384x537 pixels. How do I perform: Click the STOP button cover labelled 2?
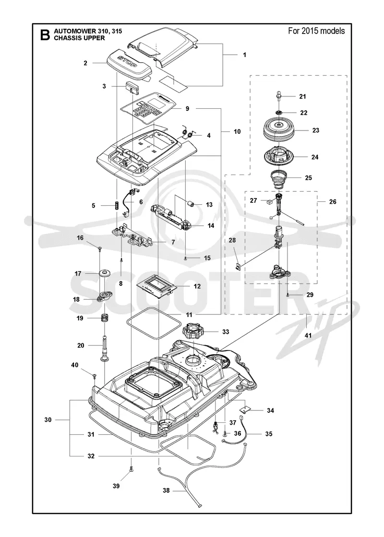click(x=129, y=64)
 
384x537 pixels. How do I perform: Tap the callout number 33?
click(x=226, y=331)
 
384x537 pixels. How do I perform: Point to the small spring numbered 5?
click(x=117, y=206)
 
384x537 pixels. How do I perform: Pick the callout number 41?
click(x=308, y=335)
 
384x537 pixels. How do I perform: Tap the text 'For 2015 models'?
click(x=316, y=31)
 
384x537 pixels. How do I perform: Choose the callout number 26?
click(x=333, y=201)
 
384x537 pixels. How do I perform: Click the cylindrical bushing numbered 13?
click(x=191, y=204)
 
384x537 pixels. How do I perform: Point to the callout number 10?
click(x=237, y=131)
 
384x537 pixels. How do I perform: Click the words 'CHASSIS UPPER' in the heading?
click(x=80, y=38)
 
